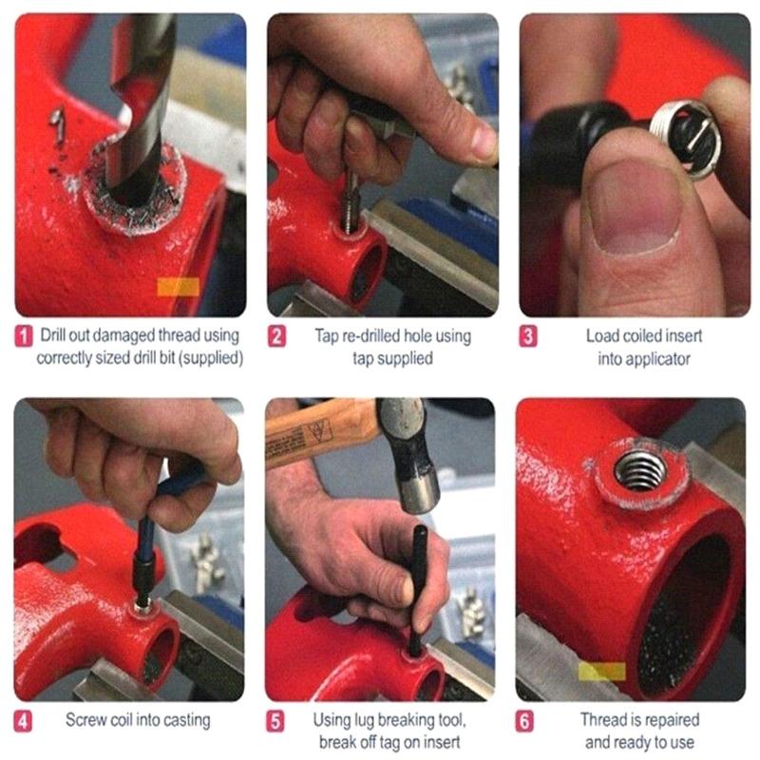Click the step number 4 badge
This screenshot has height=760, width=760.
coord(23,720)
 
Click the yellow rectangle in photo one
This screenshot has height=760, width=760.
coord(177,286)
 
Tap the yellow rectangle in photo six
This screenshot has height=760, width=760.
coord(601,671)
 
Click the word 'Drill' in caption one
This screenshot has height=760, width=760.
coord(55,335)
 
